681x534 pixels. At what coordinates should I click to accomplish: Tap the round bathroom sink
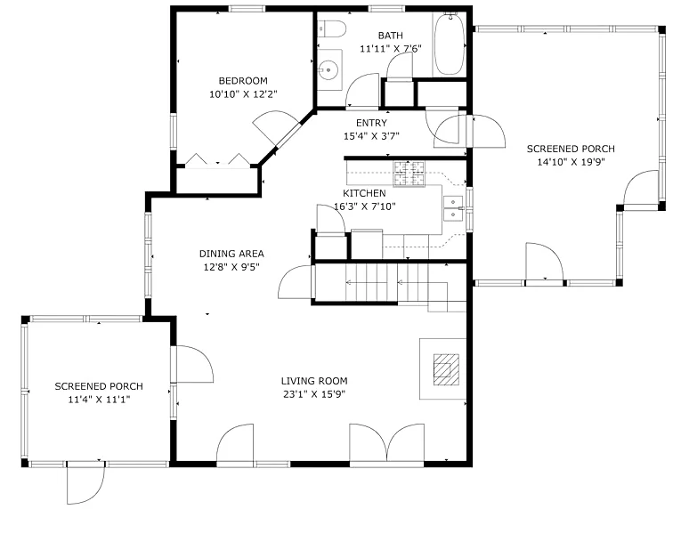tap(328, 69)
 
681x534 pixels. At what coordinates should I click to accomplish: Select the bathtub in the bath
tap(449, 44)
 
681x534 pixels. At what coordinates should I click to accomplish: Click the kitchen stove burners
tap(409, 174)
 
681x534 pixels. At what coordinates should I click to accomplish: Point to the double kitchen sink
tap(453, 208)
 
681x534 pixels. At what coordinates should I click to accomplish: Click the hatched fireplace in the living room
tap(446, 369)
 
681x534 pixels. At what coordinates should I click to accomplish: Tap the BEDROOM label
tap(243, 81)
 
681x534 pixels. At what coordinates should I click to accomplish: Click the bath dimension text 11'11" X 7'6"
tap(391, 49)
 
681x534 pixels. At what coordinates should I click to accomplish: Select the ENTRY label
tap(371, 123)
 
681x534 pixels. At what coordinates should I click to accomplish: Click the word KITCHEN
tap(364, 193)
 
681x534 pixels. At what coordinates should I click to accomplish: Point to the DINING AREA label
tap(231, 254)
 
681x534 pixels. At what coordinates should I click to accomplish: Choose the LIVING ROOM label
tap(314, 381)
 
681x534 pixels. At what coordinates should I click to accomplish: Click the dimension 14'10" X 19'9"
tap(571, 162)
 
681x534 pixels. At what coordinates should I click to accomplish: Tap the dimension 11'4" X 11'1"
tap(99, 400)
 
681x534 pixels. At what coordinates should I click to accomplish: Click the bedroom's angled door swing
tap(272, 125)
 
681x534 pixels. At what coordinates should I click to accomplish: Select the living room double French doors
tap(387, 444)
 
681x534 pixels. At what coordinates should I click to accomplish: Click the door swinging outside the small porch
tap(85, 483)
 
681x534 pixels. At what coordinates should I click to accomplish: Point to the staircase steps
tap(388, 283)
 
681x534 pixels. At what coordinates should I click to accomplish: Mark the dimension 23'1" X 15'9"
tap(314, 394)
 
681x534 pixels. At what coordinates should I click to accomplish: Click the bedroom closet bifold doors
tap(217, 160)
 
